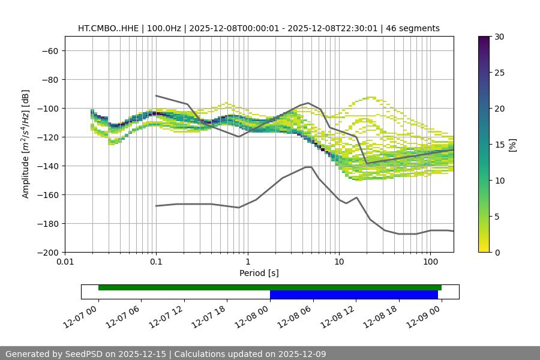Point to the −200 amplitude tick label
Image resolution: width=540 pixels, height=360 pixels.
point(47,252)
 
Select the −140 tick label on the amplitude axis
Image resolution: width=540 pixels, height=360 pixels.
point(47,166)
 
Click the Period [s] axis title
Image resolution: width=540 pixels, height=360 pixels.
point(259,273)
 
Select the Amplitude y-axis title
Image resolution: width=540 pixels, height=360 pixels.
point(26,144)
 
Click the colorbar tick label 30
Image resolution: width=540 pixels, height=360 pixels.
point(499,37)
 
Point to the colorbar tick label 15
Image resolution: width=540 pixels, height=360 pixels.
point(499,145)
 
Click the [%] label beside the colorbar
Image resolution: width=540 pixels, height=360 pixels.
point(512,145)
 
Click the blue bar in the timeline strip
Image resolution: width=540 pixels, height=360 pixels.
point(353,295)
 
